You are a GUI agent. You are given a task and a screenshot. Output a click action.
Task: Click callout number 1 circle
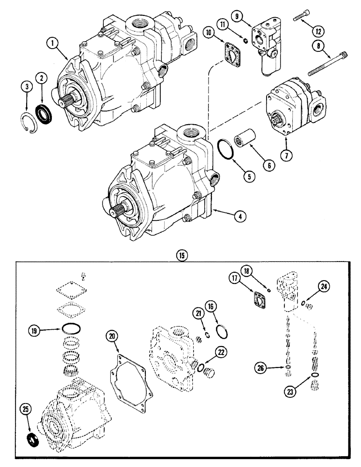(54, 44)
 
